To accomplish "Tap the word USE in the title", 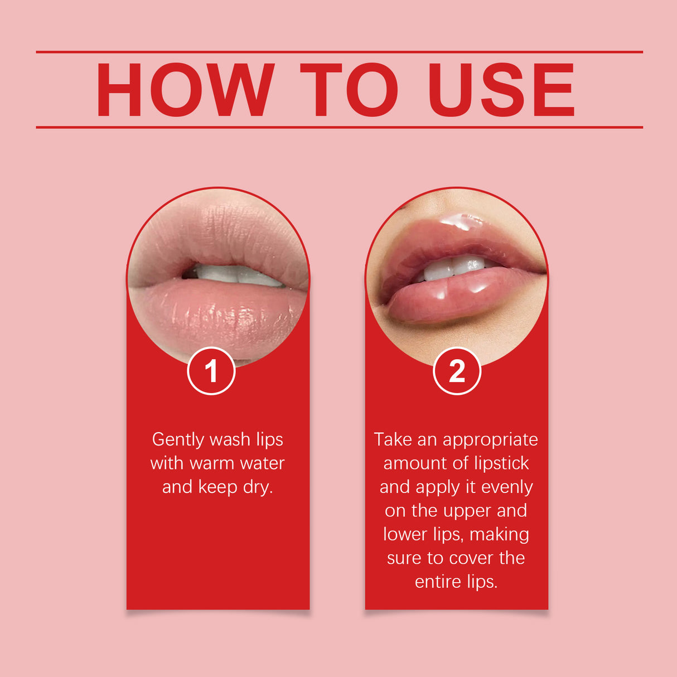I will [501, 90].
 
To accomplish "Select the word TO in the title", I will [349, 90].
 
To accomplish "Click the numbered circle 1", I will [211, 371].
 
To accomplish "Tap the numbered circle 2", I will [457, 371].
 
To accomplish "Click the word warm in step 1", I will [212, 463].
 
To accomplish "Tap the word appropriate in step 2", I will [490, 440].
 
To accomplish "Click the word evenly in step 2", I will [507, 487].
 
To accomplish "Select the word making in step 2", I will [499, 535].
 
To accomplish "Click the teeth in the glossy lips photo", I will [454, 268].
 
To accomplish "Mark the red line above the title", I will [339, 52].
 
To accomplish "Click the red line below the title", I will [339, 127].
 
